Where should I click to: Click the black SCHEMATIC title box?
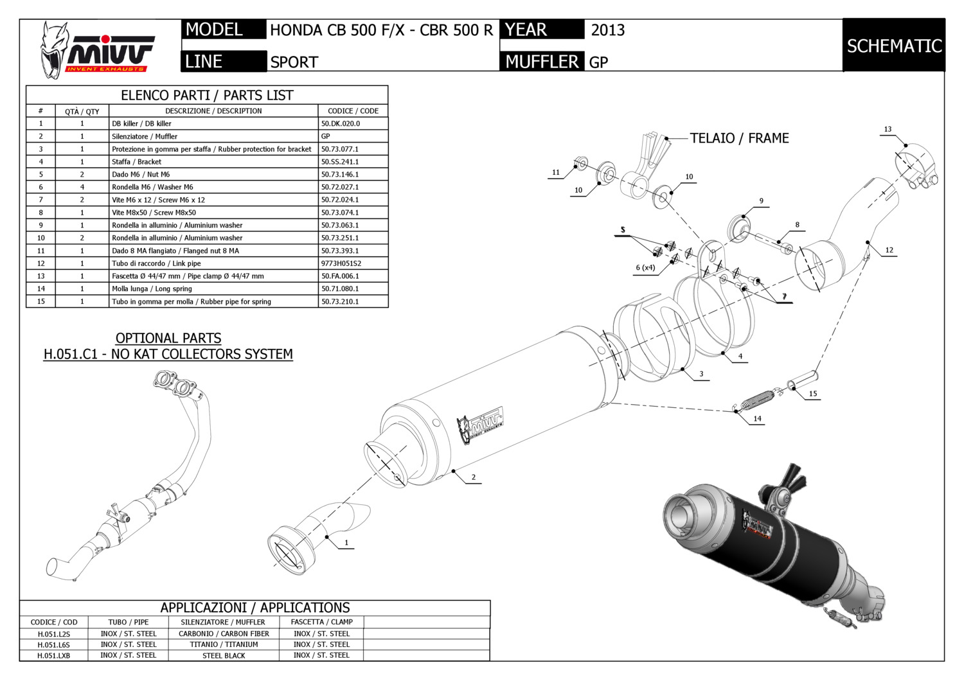click(x=893, y=46)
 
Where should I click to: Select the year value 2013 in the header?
click(x=607, y=30)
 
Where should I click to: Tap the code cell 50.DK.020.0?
click(x=341, y=123)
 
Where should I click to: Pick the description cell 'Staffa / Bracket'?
click(x=136, y=162)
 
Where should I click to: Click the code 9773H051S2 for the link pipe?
click(x=341, y=263)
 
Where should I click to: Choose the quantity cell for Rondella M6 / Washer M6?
click(x=82, y=187)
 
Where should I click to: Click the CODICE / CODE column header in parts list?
click(x=353, y=111)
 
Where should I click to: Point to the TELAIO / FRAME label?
click(x=739, y=138)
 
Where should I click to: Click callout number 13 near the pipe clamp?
click(x=888, y=130)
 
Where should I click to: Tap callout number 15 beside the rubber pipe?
click(x=813, y=394)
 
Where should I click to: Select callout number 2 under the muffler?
click(x=474, y=477)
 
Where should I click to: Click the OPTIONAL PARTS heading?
click(x=168, y=338)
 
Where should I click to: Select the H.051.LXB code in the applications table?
click(x=53, y=656)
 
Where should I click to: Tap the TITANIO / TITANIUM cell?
click(x=224, y=644)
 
